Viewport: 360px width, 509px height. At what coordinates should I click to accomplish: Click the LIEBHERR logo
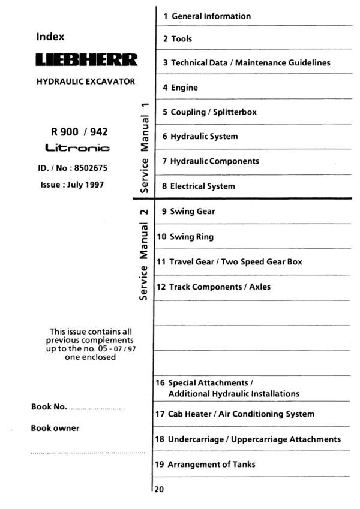coord(87,60)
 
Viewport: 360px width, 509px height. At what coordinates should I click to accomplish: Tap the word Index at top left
coord(50,37)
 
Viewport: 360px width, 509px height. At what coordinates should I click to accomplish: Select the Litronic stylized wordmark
coord(76,147)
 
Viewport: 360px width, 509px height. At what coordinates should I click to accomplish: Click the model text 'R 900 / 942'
coord(76,131)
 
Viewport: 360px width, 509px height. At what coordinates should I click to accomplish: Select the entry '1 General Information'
coord(206,16)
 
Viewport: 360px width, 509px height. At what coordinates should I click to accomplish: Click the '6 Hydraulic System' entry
coord(200,137)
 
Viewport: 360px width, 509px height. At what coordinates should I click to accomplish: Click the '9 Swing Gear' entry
coord(188,212)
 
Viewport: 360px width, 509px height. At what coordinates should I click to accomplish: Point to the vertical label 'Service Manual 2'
coord(143,252)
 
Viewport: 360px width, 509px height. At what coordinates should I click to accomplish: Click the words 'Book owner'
coord(55,428)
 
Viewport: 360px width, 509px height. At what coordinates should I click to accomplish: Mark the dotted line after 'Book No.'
coord(97,408)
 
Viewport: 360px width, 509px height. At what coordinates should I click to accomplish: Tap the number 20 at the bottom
coord(159,489)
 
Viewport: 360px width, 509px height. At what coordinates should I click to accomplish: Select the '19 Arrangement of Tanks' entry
coord(214,465)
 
